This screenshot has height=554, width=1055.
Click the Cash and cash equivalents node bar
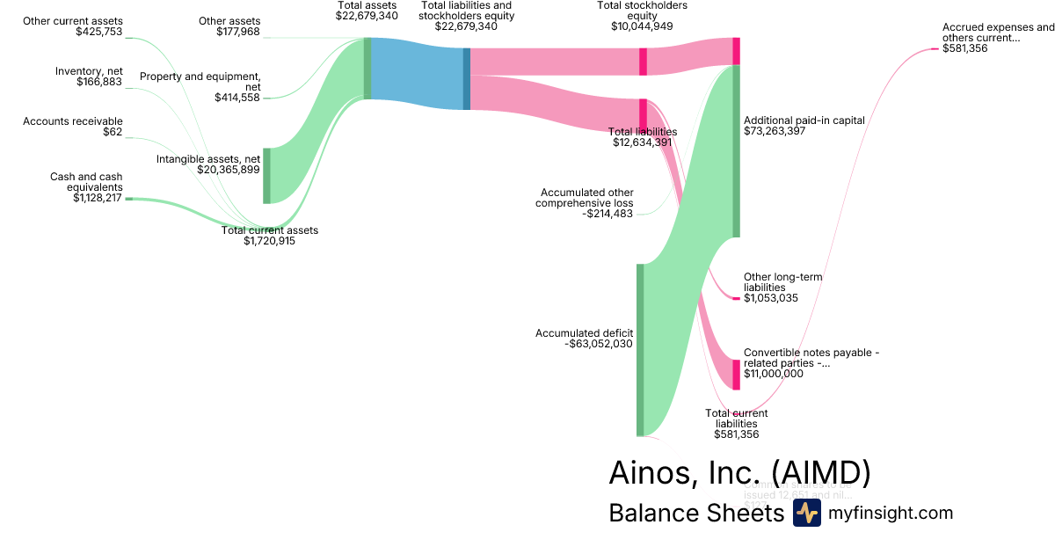[128, 199]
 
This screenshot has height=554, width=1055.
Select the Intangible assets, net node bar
[266, 176]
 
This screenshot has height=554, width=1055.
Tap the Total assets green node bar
[367, 69]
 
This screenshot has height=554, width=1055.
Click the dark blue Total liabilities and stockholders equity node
[467, 79]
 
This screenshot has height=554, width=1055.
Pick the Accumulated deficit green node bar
[640, 349]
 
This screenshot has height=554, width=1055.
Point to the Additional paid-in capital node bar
[737, 150]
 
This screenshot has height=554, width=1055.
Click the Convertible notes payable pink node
[737, 374]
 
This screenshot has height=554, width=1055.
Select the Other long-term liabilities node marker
[737, 298]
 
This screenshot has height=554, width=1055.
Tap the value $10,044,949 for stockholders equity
[642, 26]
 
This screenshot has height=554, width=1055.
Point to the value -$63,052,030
[599, 345]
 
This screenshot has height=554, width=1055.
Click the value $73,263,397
[775, 132]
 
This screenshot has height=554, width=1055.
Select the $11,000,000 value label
[774, 374]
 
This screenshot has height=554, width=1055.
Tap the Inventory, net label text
[88, 71]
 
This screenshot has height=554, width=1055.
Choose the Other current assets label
[74, 20]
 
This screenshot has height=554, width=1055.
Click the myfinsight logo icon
[806, 514]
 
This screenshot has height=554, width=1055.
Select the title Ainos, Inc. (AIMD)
[739, 473]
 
